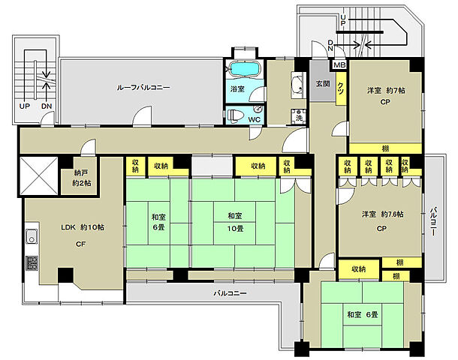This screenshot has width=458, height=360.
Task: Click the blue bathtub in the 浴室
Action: [245, 69]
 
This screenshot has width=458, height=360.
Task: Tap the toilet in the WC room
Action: [236, 115]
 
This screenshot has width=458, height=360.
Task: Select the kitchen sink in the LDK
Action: [32, 236]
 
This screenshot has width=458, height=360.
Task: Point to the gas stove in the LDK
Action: [32, 262]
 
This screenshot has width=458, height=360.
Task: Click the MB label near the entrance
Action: [339, 64]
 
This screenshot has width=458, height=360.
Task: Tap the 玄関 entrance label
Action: [323, 84]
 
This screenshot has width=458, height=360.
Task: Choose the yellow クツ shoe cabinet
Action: [341, 88]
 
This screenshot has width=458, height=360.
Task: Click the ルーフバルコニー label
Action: [143, 87]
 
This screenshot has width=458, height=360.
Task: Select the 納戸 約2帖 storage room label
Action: [82, 178]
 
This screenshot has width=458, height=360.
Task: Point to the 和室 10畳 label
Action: [236, 222]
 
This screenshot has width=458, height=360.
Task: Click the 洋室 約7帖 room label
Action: [386, 91]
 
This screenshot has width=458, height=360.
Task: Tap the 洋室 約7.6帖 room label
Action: [383, 214]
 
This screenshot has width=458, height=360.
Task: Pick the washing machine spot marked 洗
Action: [299, 115]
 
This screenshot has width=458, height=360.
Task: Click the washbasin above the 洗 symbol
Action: [297, 85]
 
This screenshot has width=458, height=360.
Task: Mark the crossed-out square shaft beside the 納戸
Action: [39, 175]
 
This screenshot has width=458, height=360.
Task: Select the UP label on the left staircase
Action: [25, 106]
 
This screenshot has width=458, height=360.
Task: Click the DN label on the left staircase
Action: [47, 106]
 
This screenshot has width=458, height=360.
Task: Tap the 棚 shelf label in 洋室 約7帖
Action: [386, 148]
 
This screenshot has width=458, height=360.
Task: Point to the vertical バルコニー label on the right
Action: [433, 221]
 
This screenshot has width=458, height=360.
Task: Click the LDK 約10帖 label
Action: [83, 227]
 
